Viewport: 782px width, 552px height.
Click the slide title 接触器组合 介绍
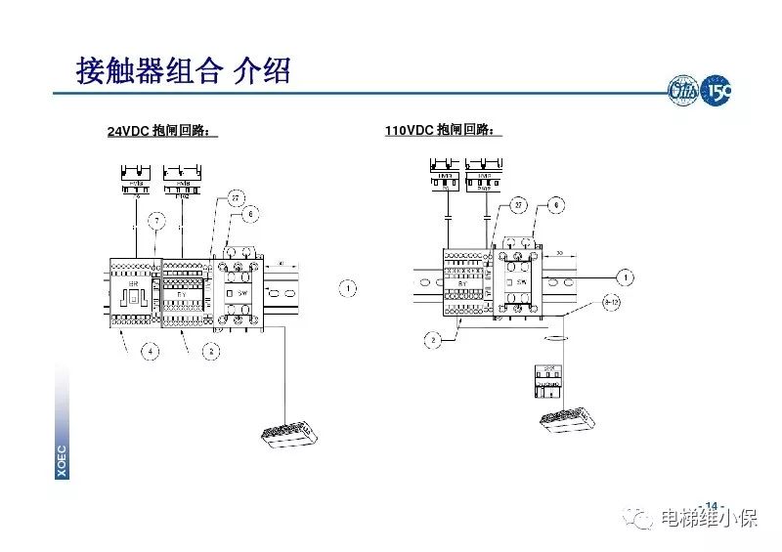tap(183, 70)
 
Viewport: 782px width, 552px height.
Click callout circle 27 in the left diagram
tap(236, 198)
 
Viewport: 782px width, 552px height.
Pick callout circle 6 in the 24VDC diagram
tap(251, 213)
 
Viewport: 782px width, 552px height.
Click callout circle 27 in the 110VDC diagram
tap(518, 205)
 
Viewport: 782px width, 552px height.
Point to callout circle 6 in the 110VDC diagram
tap(554, 205)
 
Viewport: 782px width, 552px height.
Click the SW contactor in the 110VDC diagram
tap(520, 281)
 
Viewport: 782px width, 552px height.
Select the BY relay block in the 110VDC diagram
tap(463, 282)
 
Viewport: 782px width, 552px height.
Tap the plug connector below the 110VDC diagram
tap(566, 417)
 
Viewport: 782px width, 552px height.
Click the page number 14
tap(711, 506)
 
